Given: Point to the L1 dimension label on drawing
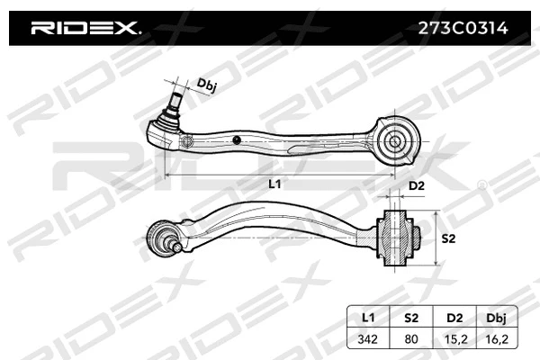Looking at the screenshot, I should (x=275, y=184).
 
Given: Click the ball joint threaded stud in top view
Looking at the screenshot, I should (x=175, y=91).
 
